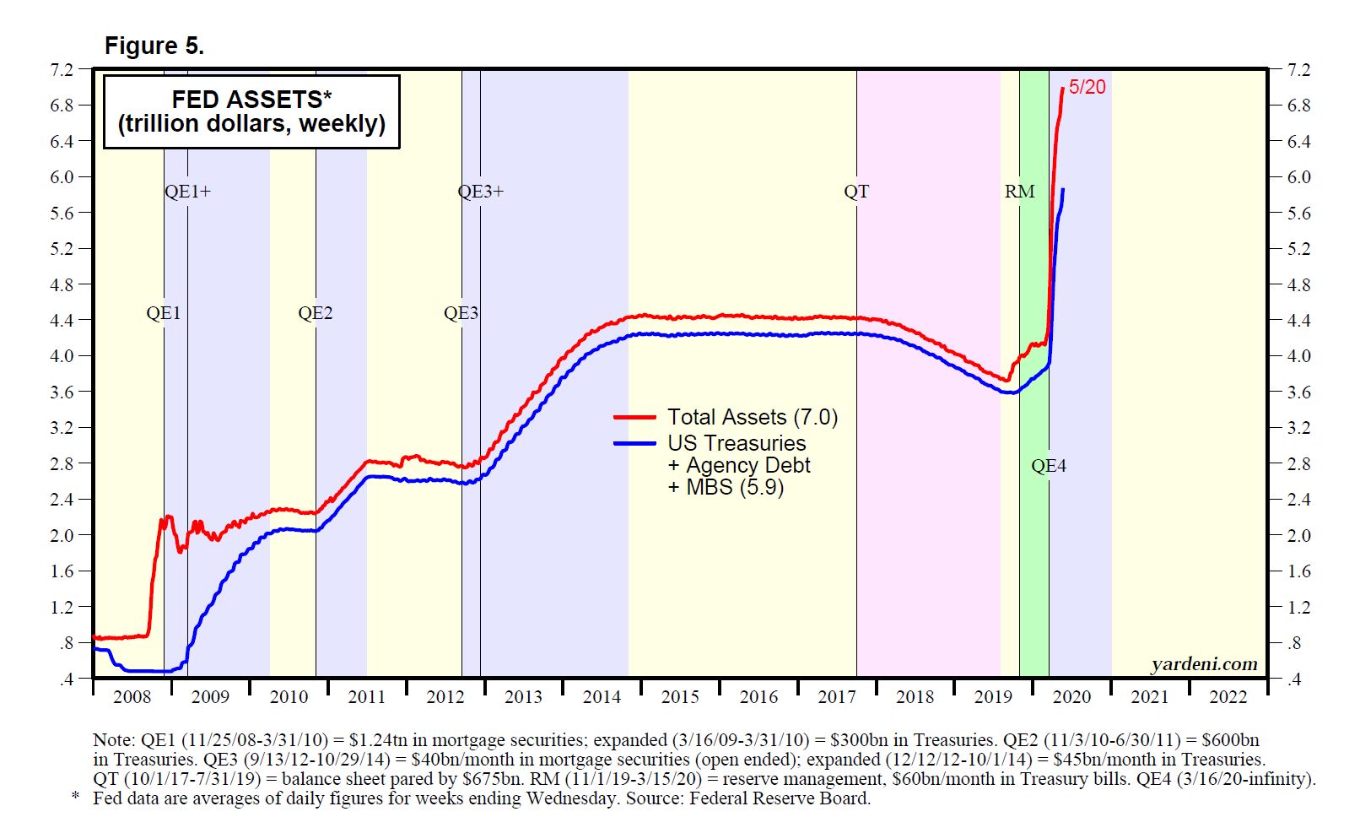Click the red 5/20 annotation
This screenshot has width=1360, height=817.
tap(1087, 87)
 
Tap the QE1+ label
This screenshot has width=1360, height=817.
tap(187, 192)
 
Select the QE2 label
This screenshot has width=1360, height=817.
tap(316, 313)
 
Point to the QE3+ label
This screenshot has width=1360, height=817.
tap(481, 192)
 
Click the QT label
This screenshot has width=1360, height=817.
tap(856, 192)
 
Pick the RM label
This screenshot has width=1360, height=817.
tap(1019, 192)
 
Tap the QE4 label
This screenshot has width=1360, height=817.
tap(1049, 466)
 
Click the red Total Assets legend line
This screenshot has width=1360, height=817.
tap(634, 417)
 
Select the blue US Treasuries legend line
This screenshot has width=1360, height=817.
tap(634, 443)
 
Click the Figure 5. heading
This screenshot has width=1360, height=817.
tap(154, 46)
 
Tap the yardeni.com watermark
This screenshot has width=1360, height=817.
tap(1204, 664)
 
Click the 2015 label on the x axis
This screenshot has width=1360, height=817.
tap(680, 697)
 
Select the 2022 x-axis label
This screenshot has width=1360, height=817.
tap(1228, 697)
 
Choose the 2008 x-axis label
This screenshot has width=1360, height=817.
tap(132, 697)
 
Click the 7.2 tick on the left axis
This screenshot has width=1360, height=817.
tap(62, 70)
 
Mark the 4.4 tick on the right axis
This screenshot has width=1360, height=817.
tap(1298, 321)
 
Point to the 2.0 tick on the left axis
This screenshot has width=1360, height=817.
tap(62, 535)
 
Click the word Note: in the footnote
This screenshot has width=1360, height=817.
tap(114, 740)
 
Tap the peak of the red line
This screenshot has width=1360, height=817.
tap(1062, 88)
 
